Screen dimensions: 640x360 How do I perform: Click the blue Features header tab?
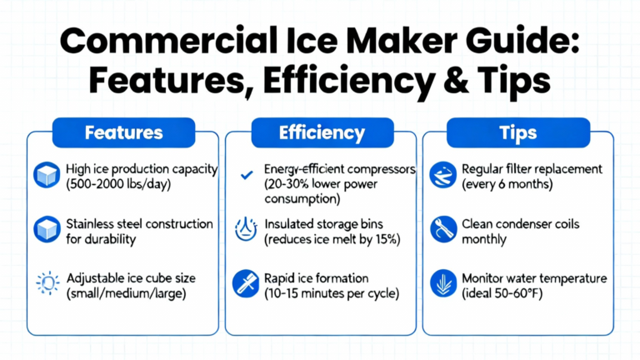[x=123, y=132]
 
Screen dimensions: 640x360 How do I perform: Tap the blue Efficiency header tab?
[x=322, y=132]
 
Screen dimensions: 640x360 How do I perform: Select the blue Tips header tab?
[x=518, y=132]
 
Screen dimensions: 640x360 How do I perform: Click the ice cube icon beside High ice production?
[x=47, y=175]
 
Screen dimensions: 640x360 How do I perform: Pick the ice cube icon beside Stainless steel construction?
[x=47, y=229]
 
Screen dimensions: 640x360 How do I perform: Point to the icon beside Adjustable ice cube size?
[x=47, y=282]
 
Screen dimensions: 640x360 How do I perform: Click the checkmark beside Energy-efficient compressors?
[x=247, y=175]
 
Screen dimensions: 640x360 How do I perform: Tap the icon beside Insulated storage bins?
[x=246, y=229]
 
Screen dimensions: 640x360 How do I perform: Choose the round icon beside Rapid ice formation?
[x=246, y=283]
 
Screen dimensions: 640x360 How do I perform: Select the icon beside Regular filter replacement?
[x=442, y=175]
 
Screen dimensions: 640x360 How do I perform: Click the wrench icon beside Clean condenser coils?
[x=442, y=229]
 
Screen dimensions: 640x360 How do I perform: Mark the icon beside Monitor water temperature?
[x=442, y=283]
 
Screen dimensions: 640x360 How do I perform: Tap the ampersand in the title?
[x=458, y=80]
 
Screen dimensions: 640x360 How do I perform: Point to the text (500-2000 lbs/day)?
[x=118, y=184]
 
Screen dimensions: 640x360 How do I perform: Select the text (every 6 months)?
[x=507, y=184]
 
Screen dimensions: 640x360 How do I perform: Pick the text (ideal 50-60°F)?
[x=502, y=293]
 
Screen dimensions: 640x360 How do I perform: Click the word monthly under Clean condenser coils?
[x=484, y=239]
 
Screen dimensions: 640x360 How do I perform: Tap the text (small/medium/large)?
[x=126, y=293]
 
